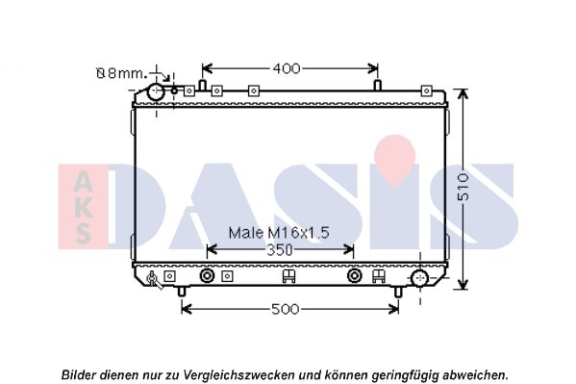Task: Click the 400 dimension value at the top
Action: pyautogui.click(x=287, y=68)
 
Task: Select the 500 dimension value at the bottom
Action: pyautogui.click(x=285, y=309)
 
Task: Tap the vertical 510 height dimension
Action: pyautogui.click(x=463, y=187)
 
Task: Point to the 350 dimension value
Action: pyautogui.click(x=280, y=250)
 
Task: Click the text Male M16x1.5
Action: pyautogui.click(x=279, y=233)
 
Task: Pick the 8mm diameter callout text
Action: pyautogui.click(x=121, y=73)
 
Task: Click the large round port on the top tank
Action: pyautogui.click(x=156, y=91)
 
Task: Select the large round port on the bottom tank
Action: pyautogui.click(x=419, y=278)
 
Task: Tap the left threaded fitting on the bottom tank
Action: pyautogui.click(x=207, y=275)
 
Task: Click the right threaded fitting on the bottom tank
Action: pyautogui.click(x=355, y=275)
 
